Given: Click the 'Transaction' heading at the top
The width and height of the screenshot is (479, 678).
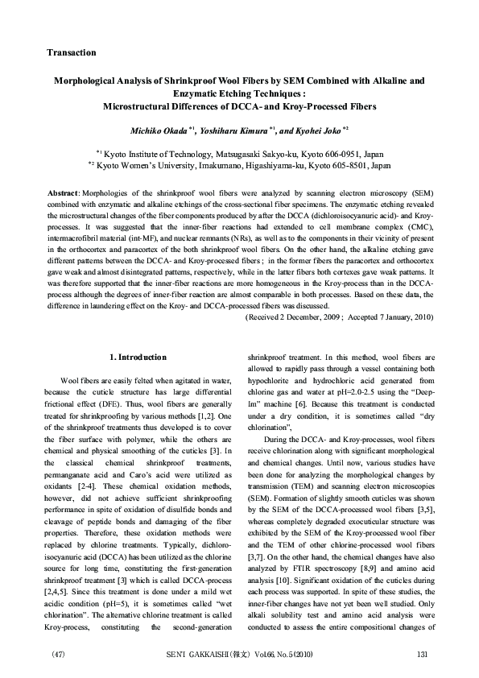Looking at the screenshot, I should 72,52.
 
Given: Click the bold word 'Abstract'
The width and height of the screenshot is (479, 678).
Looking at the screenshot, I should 63,196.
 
